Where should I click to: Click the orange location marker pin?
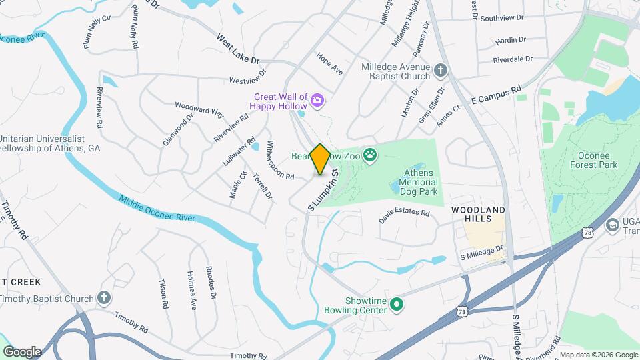[320, 159]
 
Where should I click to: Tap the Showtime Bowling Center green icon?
[397, 305]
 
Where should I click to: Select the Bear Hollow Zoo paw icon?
[370, 156]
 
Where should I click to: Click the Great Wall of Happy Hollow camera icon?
[317, 101]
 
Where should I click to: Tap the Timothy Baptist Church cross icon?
[103, 297]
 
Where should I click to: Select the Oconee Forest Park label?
[593, 160]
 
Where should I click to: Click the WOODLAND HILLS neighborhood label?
[478, 214]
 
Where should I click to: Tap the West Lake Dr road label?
[237, 49]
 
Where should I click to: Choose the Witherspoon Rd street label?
[280, 160]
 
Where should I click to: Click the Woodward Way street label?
[199, 109]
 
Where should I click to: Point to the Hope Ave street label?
[329, 63]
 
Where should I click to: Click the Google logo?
[22, 351]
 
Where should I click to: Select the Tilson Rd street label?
[163, 293]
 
